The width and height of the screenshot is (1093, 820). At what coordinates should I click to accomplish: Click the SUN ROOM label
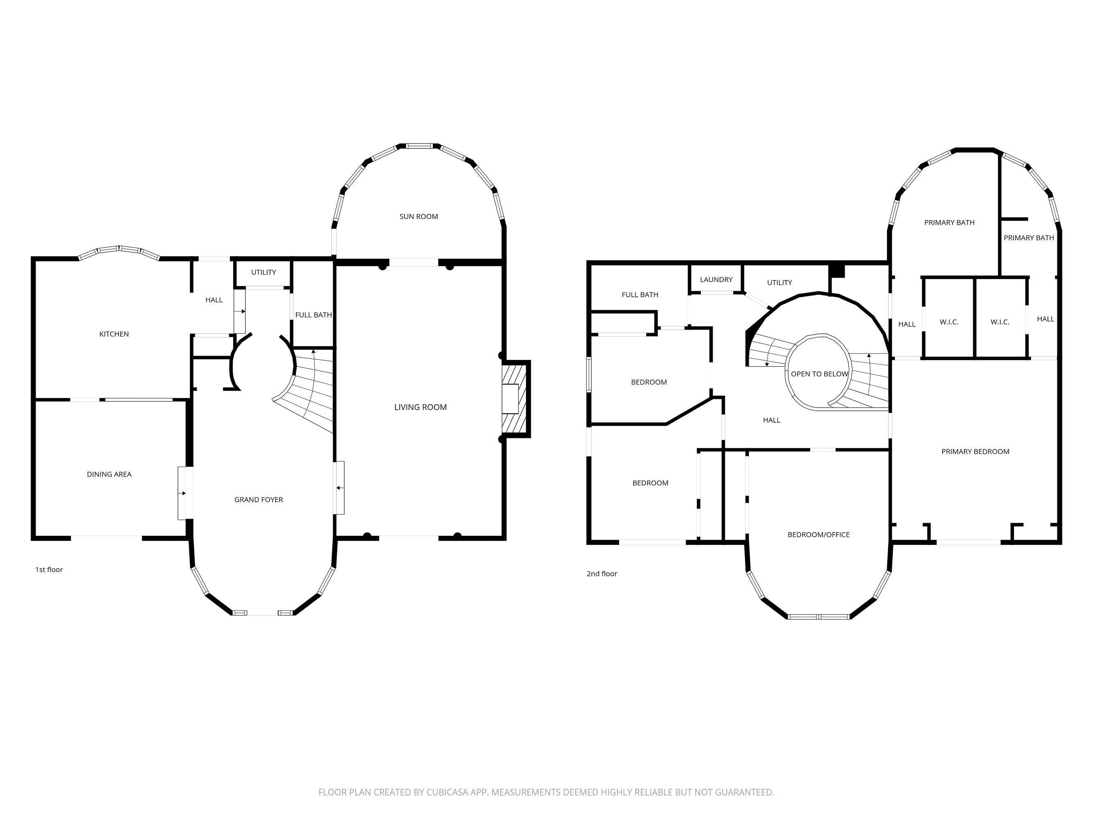418,216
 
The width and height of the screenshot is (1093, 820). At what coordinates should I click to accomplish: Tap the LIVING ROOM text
420,407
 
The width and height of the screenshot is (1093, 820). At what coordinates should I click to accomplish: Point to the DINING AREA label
109,474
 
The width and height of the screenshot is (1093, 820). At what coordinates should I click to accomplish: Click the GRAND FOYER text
259,500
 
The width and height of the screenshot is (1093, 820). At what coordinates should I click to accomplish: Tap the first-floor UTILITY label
264,272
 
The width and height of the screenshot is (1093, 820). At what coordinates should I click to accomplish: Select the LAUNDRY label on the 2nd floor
716,280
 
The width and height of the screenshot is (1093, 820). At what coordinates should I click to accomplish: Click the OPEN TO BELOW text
819,374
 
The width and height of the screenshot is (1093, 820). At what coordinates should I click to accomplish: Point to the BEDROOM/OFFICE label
818,535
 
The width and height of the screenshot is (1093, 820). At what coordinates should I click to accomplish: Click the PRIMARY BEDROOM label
975,452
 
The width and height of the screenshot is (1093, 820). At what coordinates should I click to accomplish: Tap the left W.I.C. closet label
949,322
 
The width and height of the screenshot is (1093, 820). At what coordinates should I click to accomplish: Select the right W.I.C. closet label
1000,322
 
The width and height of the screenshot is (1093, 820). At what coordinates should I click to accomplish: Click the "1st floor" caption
49,570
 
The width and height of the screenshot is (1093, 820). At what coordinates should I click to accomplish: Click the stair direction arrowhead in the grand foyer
313,351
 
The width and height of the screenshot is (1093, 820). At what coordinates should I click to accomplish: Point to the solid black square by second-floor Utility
836,271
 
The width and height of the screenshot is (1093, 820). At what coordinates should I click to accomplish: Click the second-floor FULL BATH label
639,295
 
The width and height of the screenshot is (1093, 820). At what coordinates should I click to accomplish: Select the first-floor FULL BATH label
313,315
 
